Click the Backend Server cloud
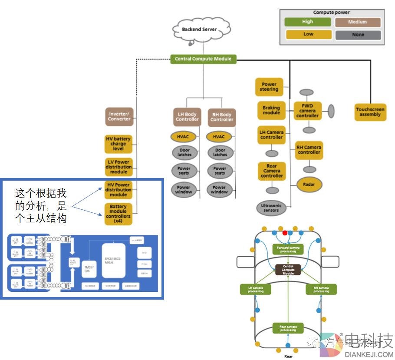pyautogui.click(x=199, y=30)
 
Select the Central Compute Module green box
pyautogui.click(x=203, y=59)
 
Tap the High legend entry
pyautogui.click(x=307, y=22)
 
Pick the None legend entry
pyautogui.click(x=358, y=35)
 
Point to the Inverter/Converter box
pyautogui.click(x=119, y=116)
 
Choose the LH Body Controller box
pyautogui.click(x=187, y=117)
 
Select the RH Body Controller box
pyautogui.click(x=222, y=117)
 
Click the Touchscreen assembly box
pyautogui.click(x=370, y=112)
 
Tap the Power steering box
pyautogui.click(x=269, y=87)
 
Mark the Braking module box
pyautogui.click(x=271, y=110)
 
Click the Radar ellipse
pyautogui.click(x=309, y=185)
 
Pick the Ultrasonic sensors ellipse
pyautogui.click(x=271, y=208)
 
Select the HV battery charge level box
pyautogui.click(x=118, y=144)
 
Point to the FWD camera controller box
pyautogui.click(x=307, y=110)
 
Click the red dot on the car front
pyautogui.click(x=285, y=233)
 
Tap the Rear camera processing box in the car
pyautogui.click(x=288, y=328)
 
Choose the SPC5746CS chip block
pyautogui.click(x=113, y=260)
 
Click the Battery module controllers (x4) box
pyautogui.click(x=118, y=214)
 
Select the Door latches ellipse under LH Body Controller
pyautogui.click(x=184, y=152)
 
